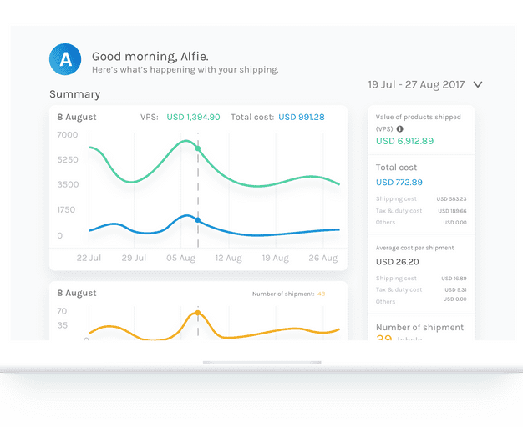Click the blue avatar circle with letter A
click(65, 58)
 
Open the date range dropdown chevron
click(478, 84)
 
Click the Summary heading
click(74, 94)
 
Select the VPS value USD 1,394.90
click(193, 118)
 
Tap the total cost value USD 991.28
click(301, 118)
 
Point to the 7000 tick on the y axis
click(68, 135)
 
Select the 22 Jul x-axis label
click(89, 259)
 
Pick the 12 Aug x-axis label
click(228, 259)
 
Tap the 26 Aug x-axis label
click(322, 259)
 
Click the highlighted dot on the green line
click(198, 148)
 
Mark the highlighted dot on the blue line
click(198, 220)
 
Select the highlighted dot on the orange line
click(198, 314)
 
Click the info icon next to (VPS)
click(400, 129)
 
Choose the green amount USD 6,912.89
click(404, 141)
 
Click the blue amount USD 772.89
click(399, 182)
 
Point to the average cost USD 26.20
click(397, 261)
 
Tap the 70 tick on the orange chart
click(63, 311)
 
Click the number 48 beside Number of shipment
click(322, 294)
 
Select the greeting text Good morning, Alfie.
click(150, 57)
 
